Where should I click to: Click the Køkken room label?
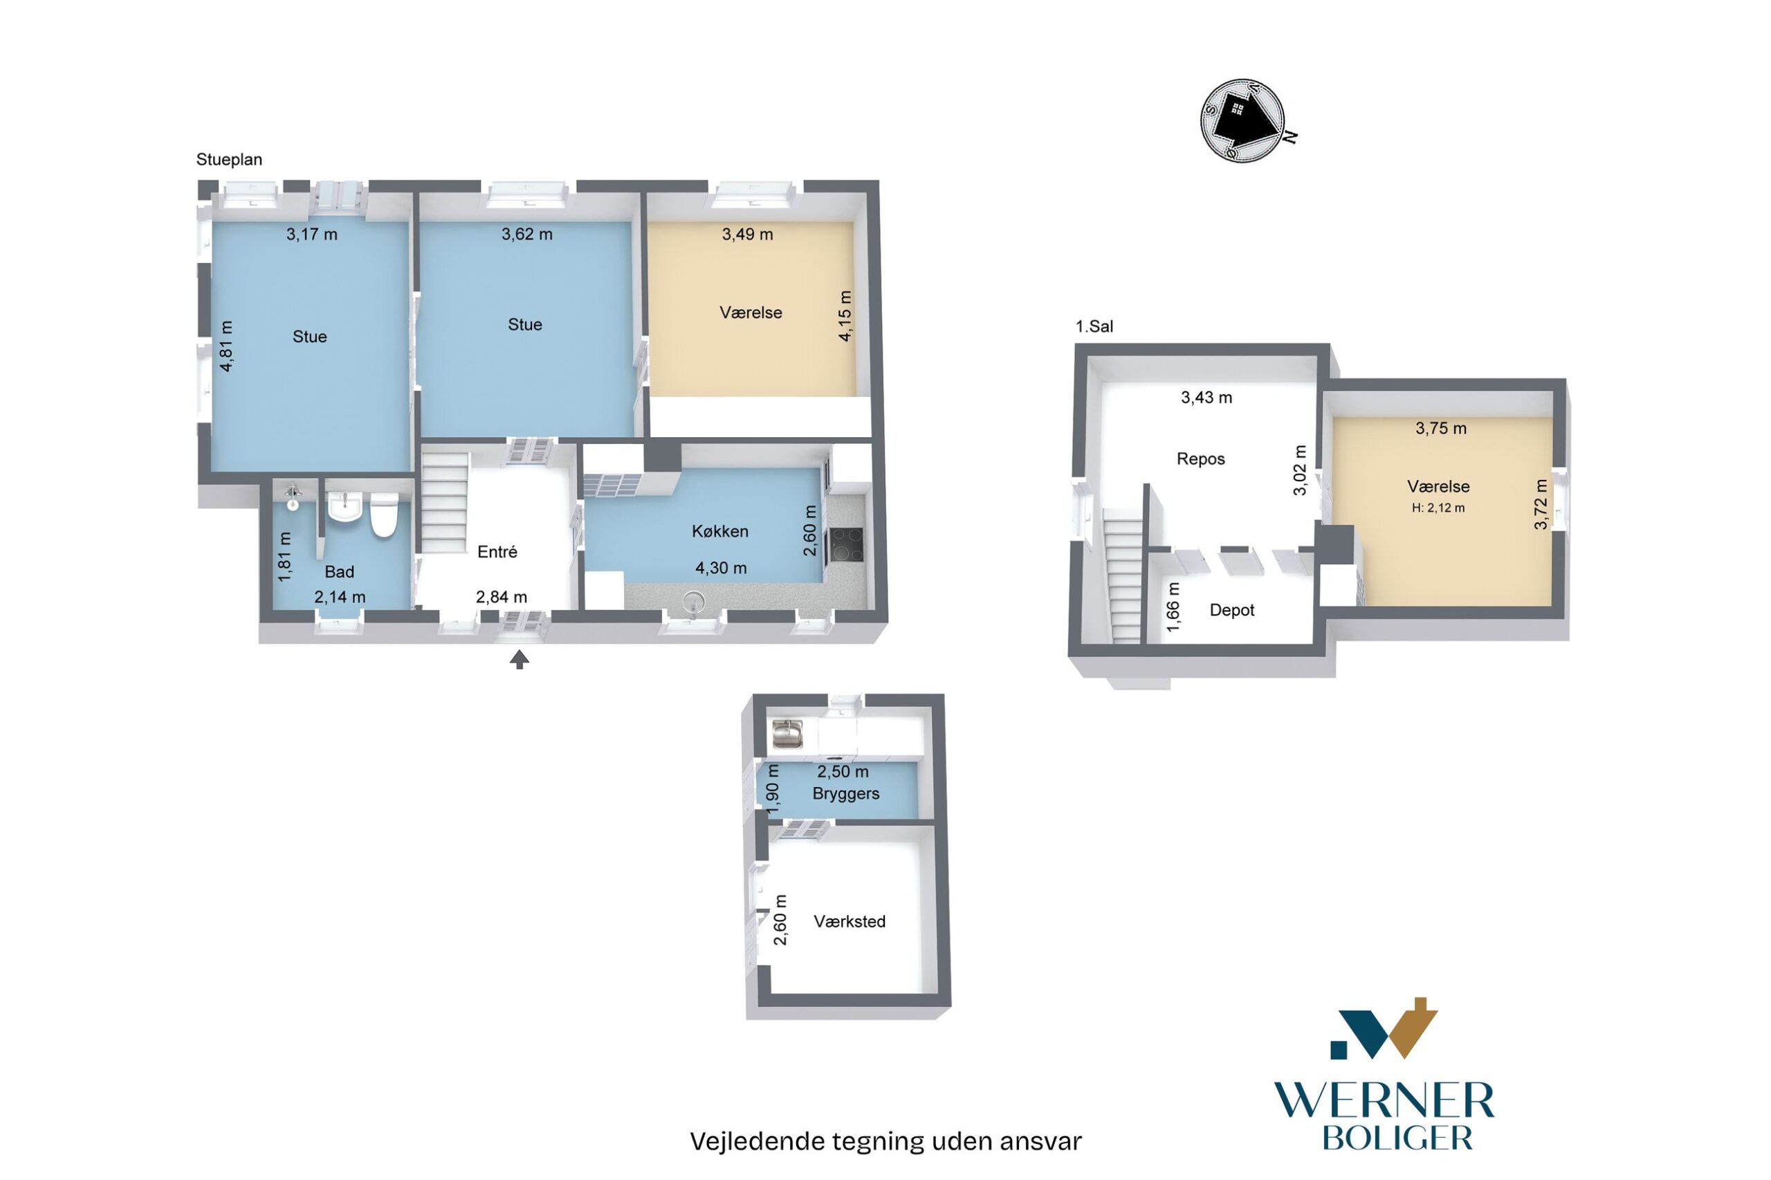coord(719,531)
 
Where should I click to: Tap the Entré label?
coord(497,552)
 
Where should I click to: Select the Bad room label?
coord(339,572)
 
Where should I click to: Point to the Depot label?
coord(1231,610)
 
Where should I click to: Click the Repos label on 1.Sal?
coord(1200,459)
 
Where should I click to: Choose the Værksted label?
coord(849,922)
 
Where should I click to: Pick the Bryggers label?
coord(845,794)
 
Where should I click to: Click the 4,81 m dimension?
coord(226,346)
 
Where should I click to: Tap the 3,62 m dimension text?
coord(527,234)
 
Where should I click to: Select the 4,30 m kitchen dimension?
coord(720,568)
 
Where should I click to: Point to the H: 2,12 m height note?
coord(1438,508)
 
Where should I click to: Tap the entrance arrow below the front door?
coord(520,660)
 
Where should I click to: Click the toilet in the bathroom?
coord(383,515)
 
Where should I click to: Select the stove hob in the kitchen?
coord(845,545)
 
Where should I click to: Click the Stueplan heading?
coord(229,160)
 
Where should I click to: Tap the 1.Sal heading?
coord(1094,326)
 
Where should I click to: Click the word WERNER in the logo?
coord(1384,1102)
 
